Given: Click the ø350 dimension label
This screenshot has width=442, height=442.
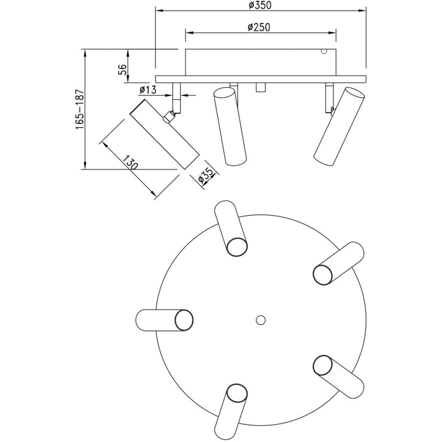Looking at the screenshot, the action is [260, 5].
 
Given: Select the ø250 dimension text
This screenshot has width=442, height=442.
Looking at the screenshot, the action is [259, 27].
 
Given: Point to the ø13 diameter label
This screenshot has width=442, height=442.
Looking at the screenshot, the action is [148, 90].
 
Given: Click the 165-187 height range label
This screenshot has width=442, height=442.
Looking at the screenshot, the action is [80, 110].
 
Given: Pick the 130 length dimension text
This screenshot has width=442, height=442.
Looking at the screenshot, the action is [130, 162].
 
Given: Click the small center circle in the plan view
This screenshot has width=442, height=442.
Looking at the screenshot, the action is [261, 320].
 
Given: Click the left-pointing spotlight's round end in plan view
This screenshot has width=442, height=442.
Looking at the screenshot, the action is [184, 320].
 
